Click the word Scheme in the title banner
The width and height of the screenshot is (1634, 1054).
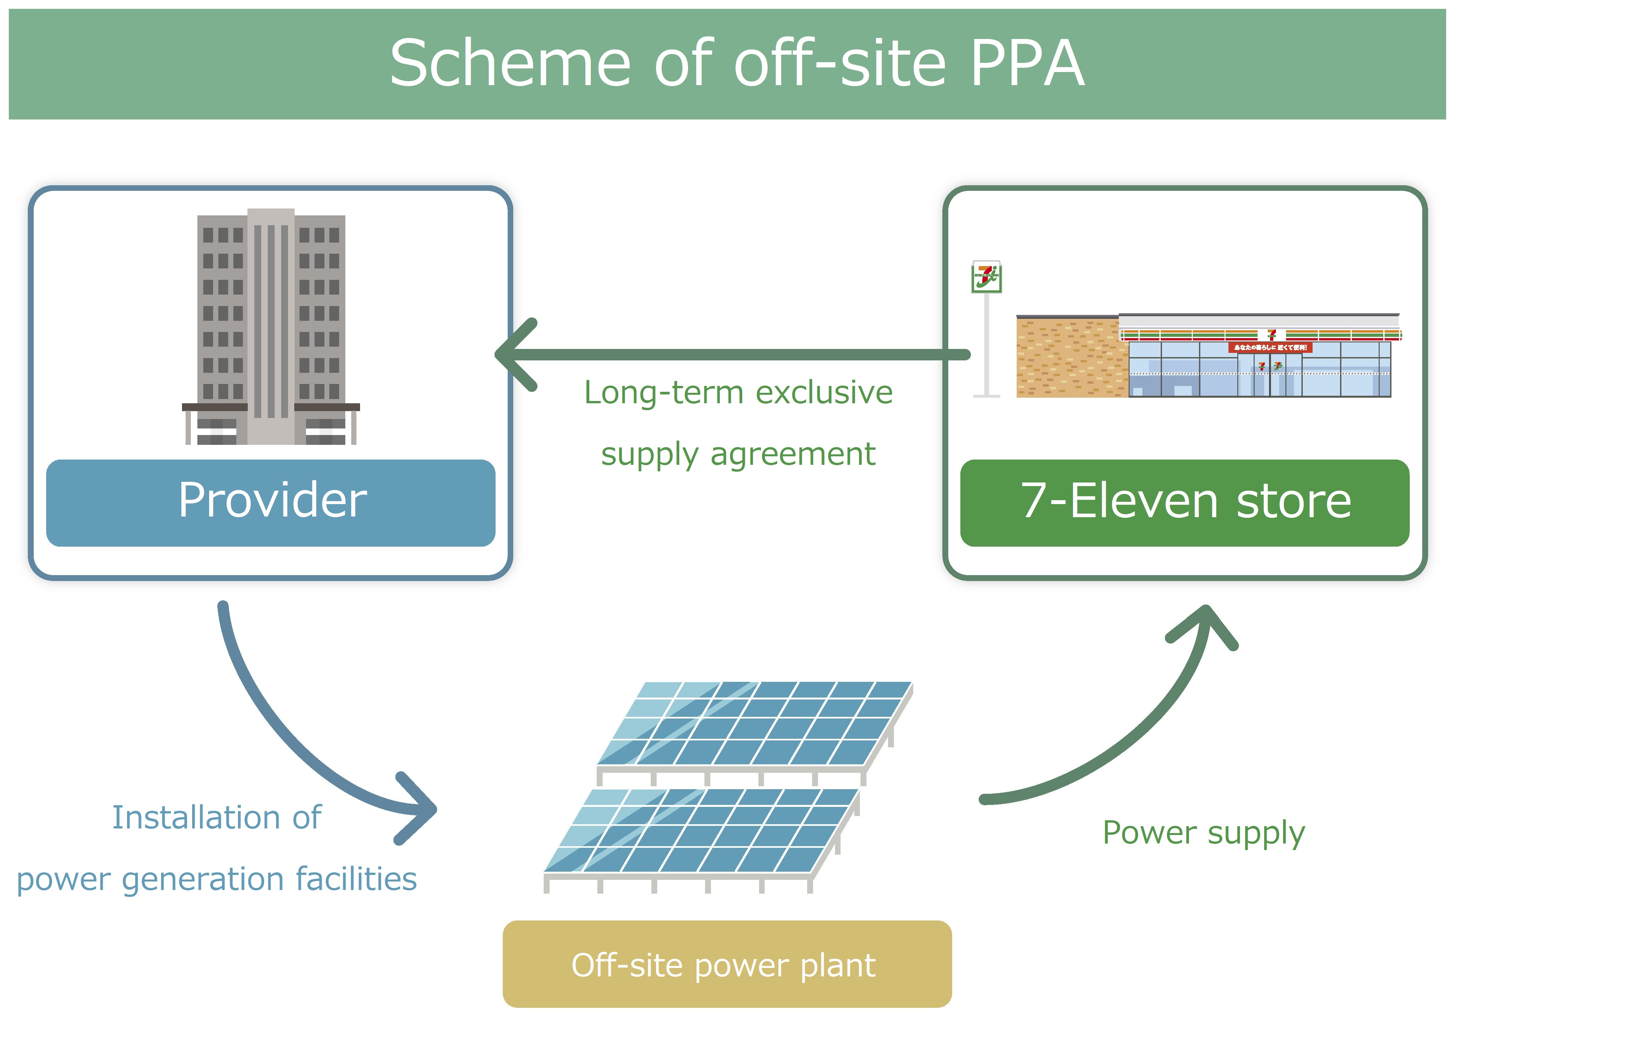(510, 64)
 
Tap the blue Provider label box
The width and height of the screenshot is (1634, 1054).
(271, 502)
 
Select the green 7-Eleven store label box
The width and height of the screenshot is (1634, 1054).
(1185, 502)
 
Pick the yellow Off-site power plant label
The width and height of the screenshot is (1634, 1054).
(727, 964)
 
